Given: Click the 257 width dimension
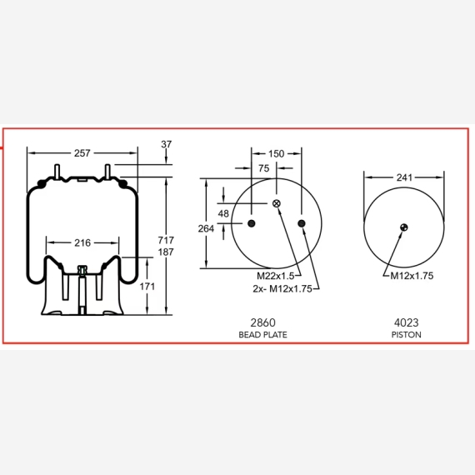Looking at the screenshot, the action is tap(82, 153).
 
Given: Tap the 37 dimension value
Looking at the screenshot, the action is tap(167, 144).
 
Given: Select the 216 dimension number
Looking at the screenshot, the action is tap(82, 243).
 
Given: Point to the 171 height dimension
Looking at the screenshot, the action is tap(147, 287).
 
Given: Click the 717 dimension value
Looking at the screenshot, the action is tap(166, 240).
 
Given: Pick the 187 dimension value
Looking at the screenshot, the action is tap(166, 252).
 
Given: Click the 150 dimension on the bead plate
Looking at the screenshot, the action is tap(277, 154).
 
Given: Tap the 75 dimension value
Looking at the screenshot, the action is tap(264, 168).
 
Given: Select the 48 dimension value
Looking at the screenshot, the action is tap(223, 213).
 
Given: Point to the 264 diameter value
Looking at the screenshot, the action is tap(206, 228).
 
